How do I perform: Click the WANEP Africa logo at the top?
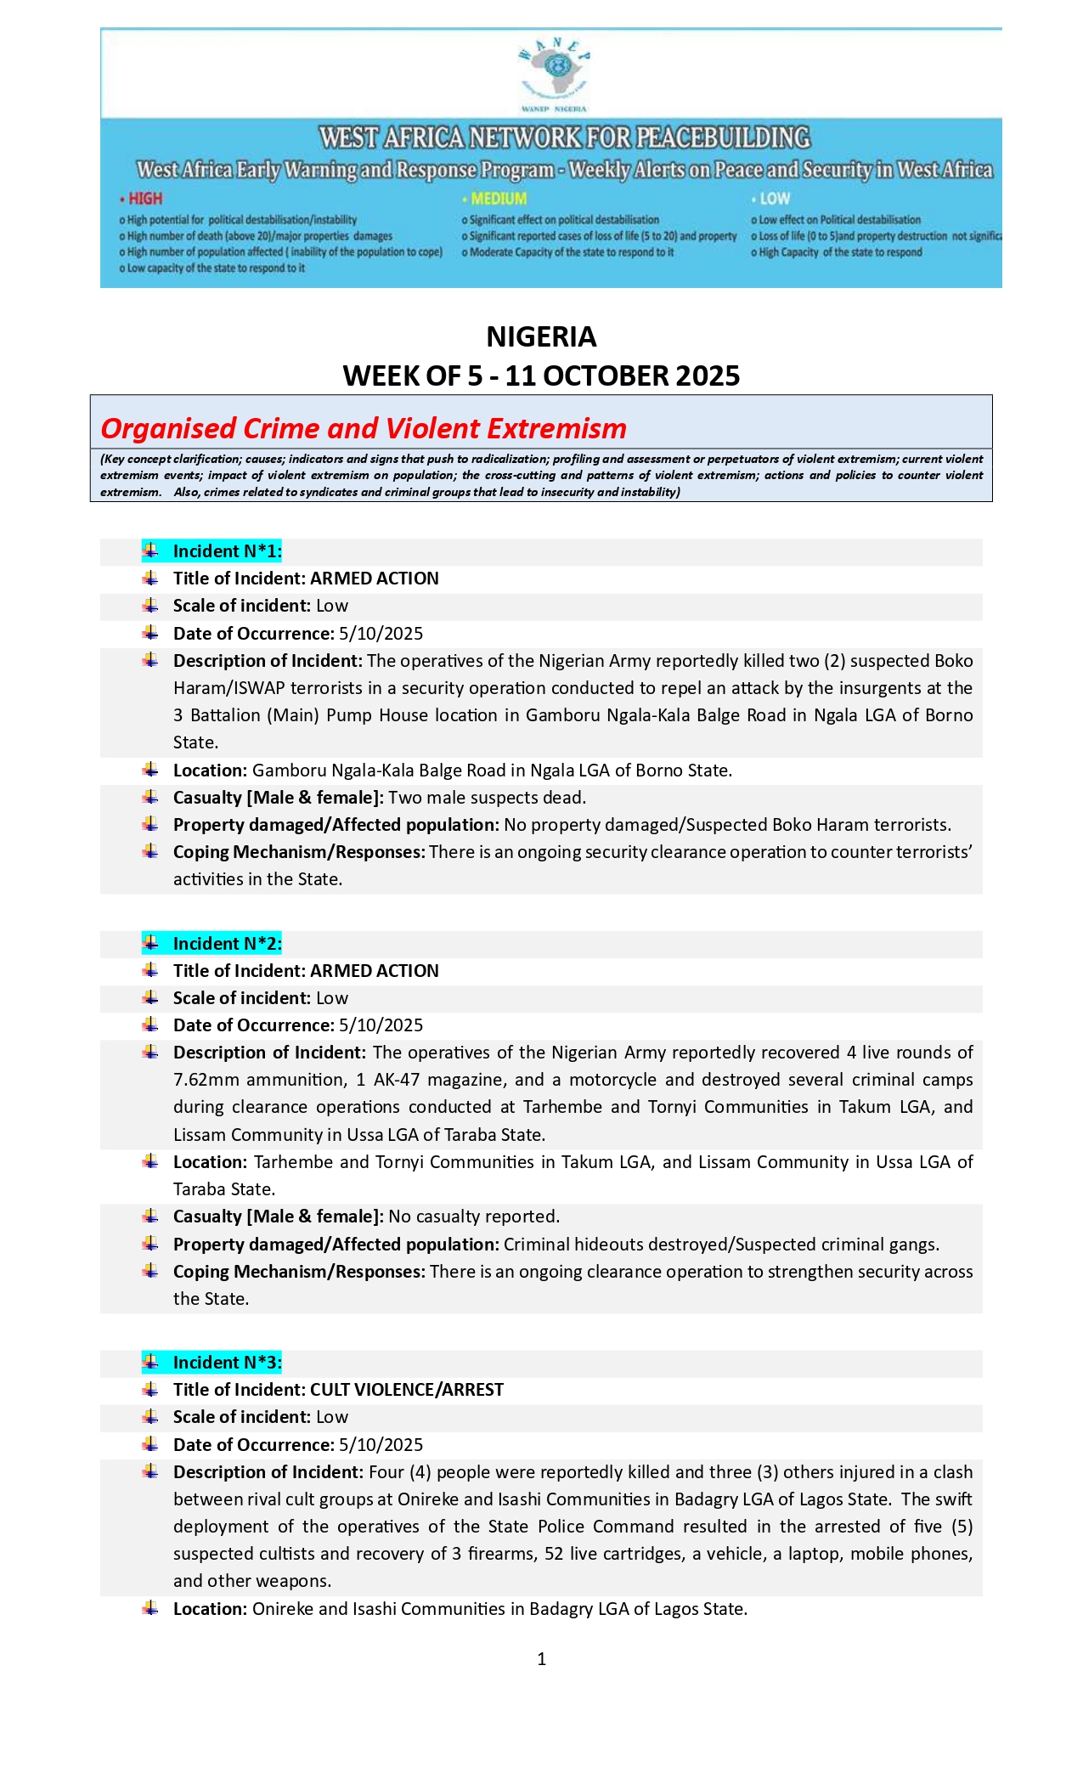click(x=555, y=73)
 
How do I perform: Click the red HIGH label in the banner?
click(x=144, y=199)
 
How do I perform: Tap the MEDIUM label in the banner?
click(x=499, y=199)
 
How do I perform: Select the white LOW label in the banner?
click(x=774, y=199)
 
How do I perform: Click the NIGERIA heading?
click(x=541, y=336)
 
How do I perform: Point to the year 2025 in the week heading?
click(x=707, y=375)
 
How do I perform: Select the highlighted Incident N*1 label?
click(x=227, y=551)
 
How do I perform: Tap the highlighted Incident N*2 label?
click(x=227, y=944)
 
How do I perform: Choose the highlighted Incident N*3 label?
click(x=227, y=1363)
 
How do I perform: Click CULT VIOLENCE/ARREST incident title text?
click(x=407, y=1390)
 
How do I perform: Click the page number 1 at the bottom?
click(x=542, y=1659)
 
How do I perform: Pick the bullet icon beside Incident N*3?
click(x=150, y=1362)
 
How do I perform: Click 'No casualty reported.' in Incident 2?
click(x=474, y=1217)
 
